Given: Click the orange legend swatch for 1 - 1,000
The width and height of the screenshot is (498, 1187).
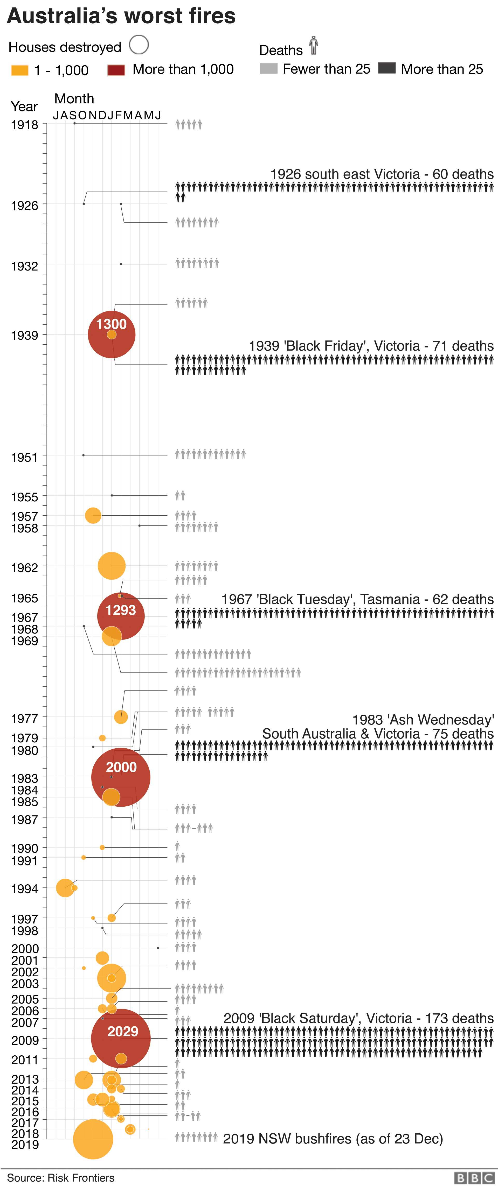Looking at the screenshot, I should click(20, 70).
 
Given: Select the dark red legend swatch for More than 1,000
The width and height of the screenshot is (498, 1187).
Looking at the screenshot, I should click(116, 70).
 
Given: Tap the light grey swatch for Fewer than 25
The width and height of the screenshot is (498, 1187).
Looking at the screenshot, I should click(268, 69).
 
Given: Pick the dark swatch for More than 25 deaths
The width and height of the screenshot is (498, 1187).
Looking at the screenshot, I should click(387, 68).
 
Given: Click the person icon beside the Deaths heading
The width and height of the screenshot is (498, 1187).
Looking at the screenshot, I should click(314, 45).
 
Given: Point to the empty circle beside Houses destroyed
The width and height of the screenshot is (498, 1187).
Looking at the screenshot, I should click(139, 45).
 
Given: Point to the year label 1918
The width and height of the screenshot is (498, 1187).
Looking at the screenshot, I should click(24, 125).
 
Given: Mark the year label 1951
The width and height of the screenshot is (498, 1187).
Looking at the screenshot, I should click(24, 458).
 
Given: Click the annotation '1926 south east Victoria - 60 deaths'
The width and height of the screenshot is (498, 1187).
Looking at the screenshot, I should click(382, 174).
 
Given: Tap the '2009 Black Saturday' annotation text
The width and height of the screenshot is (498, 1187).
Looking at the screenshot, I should click(358, 1018).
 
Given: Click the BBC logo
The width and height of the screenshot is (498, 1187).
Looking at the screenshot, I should click(474, 1178).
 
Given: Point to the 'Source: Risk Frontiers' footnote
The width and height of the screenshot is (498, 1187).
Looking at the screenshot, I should click(61, 1178).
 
